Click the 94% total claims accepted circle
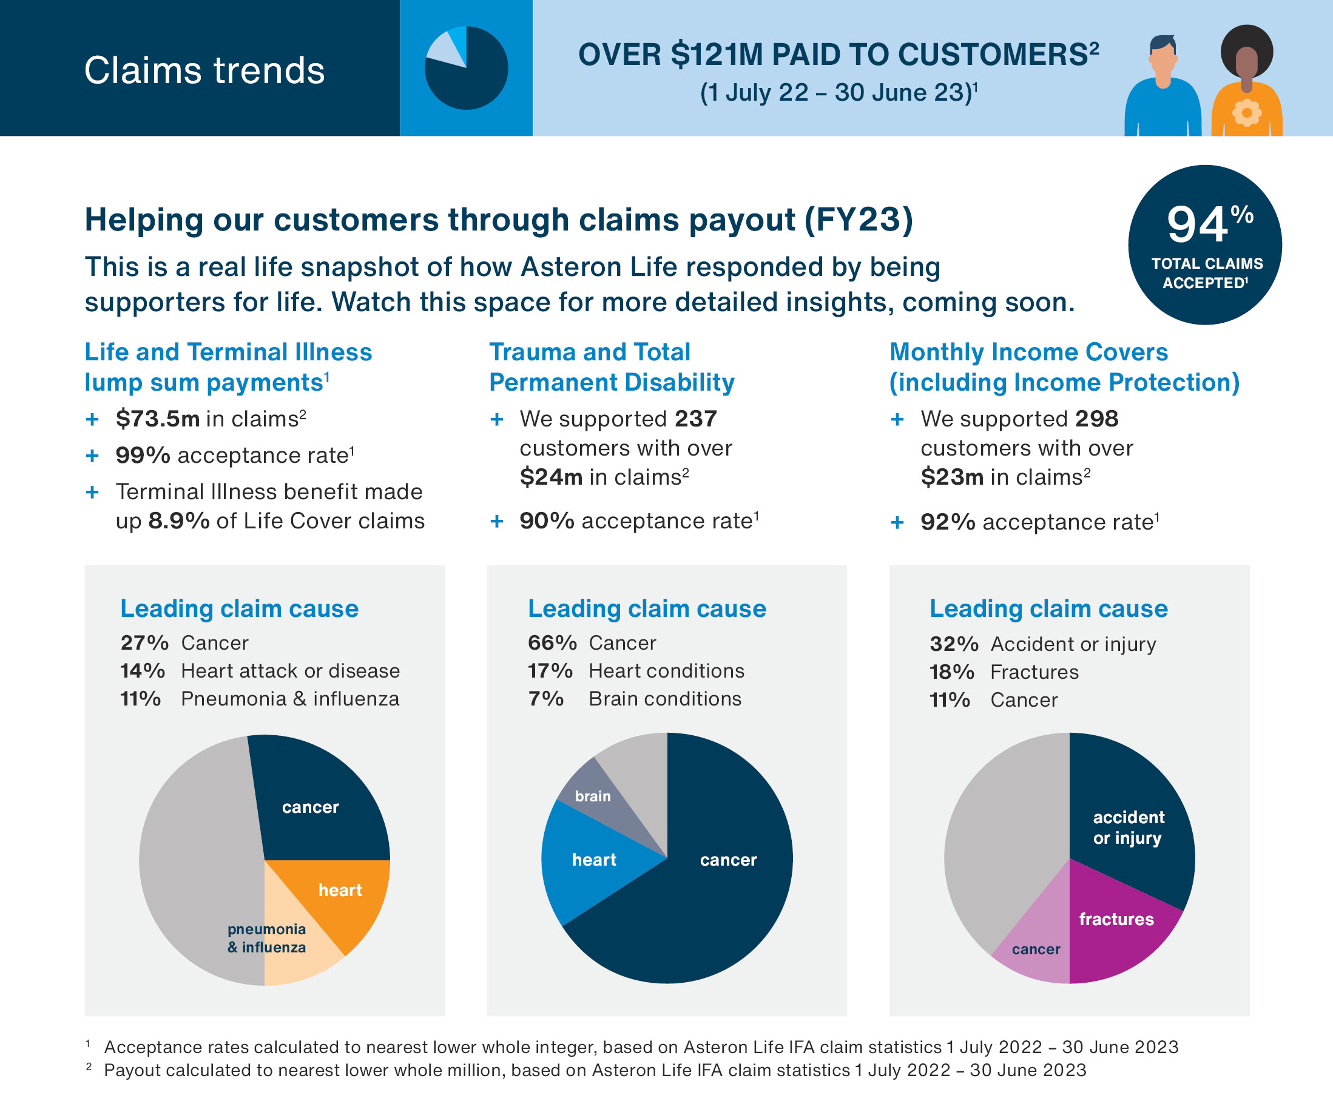pyautogui.click(x=1204, y=245)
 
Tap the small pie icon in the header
pyautogui.click(x=466, y=68)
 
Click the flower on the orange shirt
pyautogui.click(x=1246, y=113)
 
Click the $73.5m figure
pyautogui.click(x=157, y=419)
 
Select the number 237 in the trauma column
pyautogui.click(x=696, y=419)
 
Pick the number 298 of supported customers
pyautogui.click(x=1097, y=419)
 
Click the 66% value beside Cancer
pyautogui.click(x=552, y=643)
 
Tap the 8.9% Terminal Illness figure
pyautogui.click(x=179, y=521)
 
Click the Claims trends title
pyautogui.click(x=204, y=70)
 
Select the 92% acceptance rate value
pyautogui.click(x=948, y=522)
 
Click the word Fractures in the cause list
pyautogui.click(x=1034, y=672)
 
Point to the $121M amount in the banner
pyautogui.click(x=717, y=55)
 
